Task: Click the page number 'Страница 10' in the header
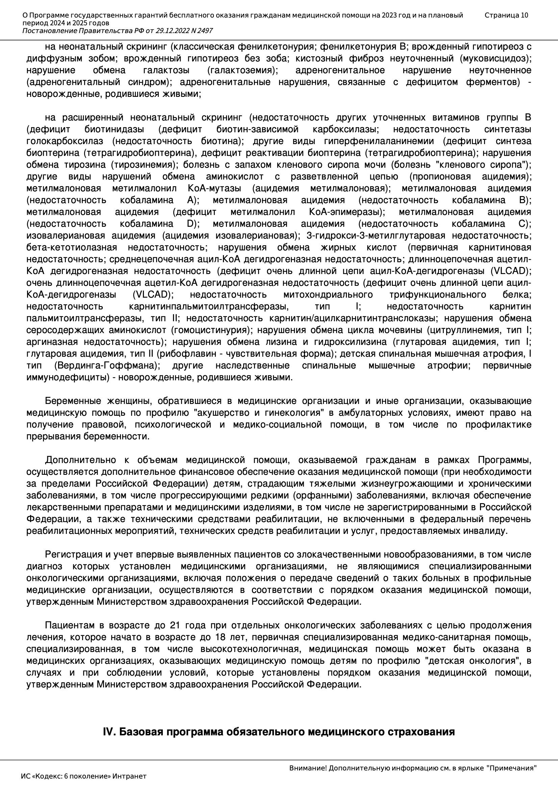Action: [506, 15]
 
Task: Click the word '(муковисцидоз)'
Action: [495, 58]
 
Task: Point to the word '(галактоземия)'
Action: [243, 71]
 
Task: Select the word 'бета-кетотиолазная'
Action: [72, 247]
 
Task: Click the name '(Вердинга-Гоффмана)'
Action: [107, 365]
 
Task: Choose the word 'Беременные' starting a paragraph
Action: [73, 401]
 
